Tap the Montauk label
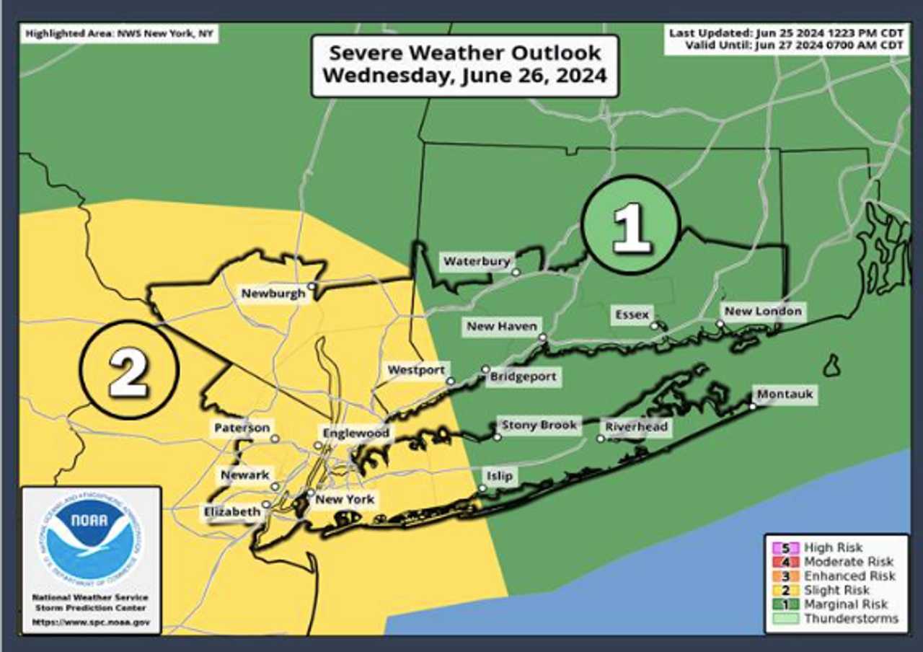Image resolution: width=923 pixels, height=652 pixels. coord(785,395)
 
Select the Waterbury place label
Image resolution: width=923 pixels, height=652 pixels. coord(477,261)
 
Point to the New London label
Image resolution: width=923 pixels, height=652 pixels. coord(762,311)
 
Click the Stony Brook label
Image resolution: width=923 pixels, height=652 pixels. coord(539,426)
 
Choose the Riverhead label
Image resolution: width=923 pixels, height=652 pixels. coord(636,427)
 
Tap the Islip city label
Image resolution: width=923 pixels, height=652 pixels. coord(499,476)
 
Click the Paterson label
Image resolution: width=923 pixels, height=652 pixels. coord(242,428)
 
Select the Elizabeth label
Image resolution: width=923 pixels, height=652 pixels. coord(231,511)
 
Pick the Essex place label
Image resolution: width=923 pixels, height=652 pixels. coord(632,314)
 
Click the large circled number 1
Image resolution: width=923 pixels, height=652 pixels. coord(632,224)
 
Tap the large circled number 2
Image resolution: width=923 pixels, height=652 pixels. coord(129,369)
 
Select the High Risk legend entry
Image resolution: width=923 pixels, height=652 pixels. coord(833,548)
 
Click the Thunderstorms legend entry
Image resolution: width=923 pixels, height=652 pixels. coord(851,619)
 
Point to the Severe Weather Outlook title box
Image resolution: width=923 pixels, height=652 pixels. coord(464,65)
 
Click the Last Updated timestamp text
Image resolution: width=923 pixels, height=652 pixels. coord(785,33)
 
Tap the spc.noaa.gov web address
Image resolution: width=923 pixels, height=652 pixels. coord(91,621)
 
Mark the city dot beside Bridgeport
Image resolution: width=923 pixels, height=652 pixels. coord(485,369)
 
